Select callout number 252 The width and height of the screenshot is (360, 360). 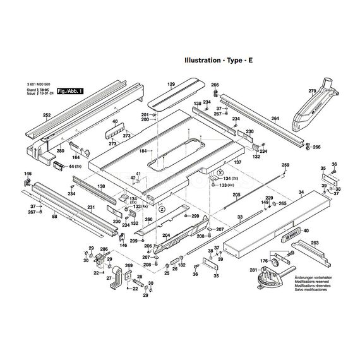(46, 115)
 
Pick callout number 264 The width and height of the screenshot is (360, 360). (275, 118)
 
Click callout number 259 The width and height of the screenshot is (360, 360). (285, 165)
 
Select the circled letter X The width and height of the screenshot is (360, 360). (219, 172)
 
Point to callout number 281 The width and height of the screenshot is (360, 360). (253, 270)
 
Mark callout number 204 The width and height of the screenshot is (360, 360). (166, 234)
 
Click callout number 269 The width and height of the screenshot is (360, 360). (129, 266)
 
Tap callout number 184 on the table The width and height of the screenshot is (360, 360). (143, 150)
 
